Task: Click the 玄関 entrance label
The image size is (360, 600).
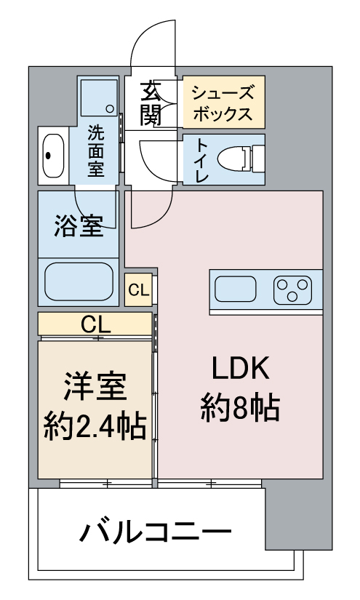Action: [x=151, y=104]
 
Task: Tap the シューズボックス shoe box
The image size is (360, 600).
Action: [x=224, y=102]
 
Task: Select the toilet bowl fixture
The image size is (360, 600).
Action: [x=241, y=159]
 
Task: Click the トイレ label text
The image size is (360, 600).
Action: [x=202, y=159]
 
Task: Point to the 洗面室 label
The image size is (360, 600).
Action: [x=96, y=151]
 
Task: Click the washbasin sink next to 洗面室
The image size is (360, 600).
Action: [x=53, y=156]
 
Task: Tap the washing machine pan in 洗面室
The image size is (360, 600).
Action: [x=99, y=97]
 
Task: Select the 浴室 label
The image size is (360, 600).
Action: [x=79, y=225]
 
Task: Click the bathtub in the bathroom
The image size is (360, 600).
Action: [x=79, y=281]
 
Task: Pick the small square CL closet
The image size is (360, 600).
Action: [x=138, y=290]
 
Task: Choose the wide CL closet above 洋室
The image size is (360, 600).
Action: [x=95, y=324]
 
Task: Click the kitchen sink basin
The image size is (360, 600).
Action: [x=236, y=289]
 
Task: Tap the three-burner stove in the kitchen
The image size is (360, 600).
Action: [x=292, y=290]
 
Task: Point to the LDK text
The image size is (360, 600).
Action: [x=241, y=368]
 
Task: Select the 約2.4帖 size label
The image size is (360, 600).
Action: [x=95, y=426]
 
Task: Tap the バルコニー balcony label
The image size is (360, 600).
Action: [x=156, y=530]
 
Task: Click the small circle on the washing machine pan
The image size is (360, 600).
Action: [x=110, y=108]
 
